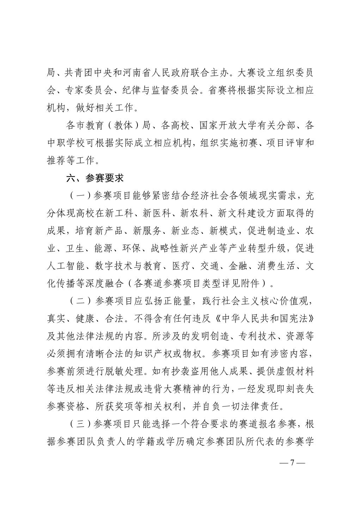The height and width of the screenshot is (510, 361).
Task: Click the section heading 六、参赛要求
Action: pos(95,178)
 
